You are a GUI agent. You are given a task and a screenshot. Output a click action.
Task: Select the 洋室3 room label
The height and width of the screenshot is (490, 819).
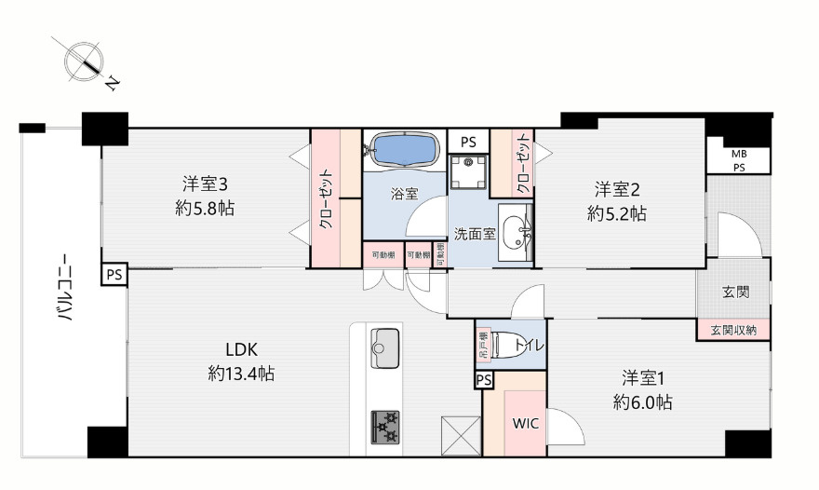204,184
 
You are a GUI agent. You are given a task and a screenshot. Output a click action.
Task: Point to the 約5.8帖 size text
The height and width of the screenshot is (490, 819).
204,209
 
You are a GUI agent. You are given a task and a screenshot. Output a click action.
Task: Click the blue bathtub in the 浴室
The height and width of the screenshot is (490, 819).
404,149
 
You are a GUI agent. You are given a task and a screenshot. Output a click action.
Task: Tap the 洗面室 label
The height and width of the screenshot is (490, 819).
474,232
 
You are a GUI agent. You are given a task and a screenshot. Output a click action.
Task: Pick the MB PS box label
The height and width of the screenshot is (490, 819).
737,160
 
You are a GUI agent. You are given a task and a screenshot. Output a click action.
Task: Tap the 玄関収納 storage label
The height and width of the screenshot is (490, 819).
733,330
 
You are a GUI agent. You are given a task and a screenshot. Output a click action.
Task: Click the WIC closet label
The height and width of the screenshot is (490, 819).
525,421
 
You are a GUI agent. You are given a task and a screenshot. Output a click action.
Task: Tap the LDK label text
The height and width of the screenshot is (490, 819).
241,350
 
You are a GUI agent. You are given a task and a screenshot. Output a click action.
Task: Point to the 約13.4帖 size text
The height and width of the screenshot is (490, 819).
241,374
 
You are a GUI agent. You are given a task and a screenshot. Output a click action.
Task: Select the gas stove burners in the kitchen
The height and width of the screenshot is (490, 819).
384,426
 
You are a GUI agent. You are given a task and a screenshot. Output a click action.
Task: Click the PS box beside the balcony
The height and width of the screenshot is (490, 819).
114,275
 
